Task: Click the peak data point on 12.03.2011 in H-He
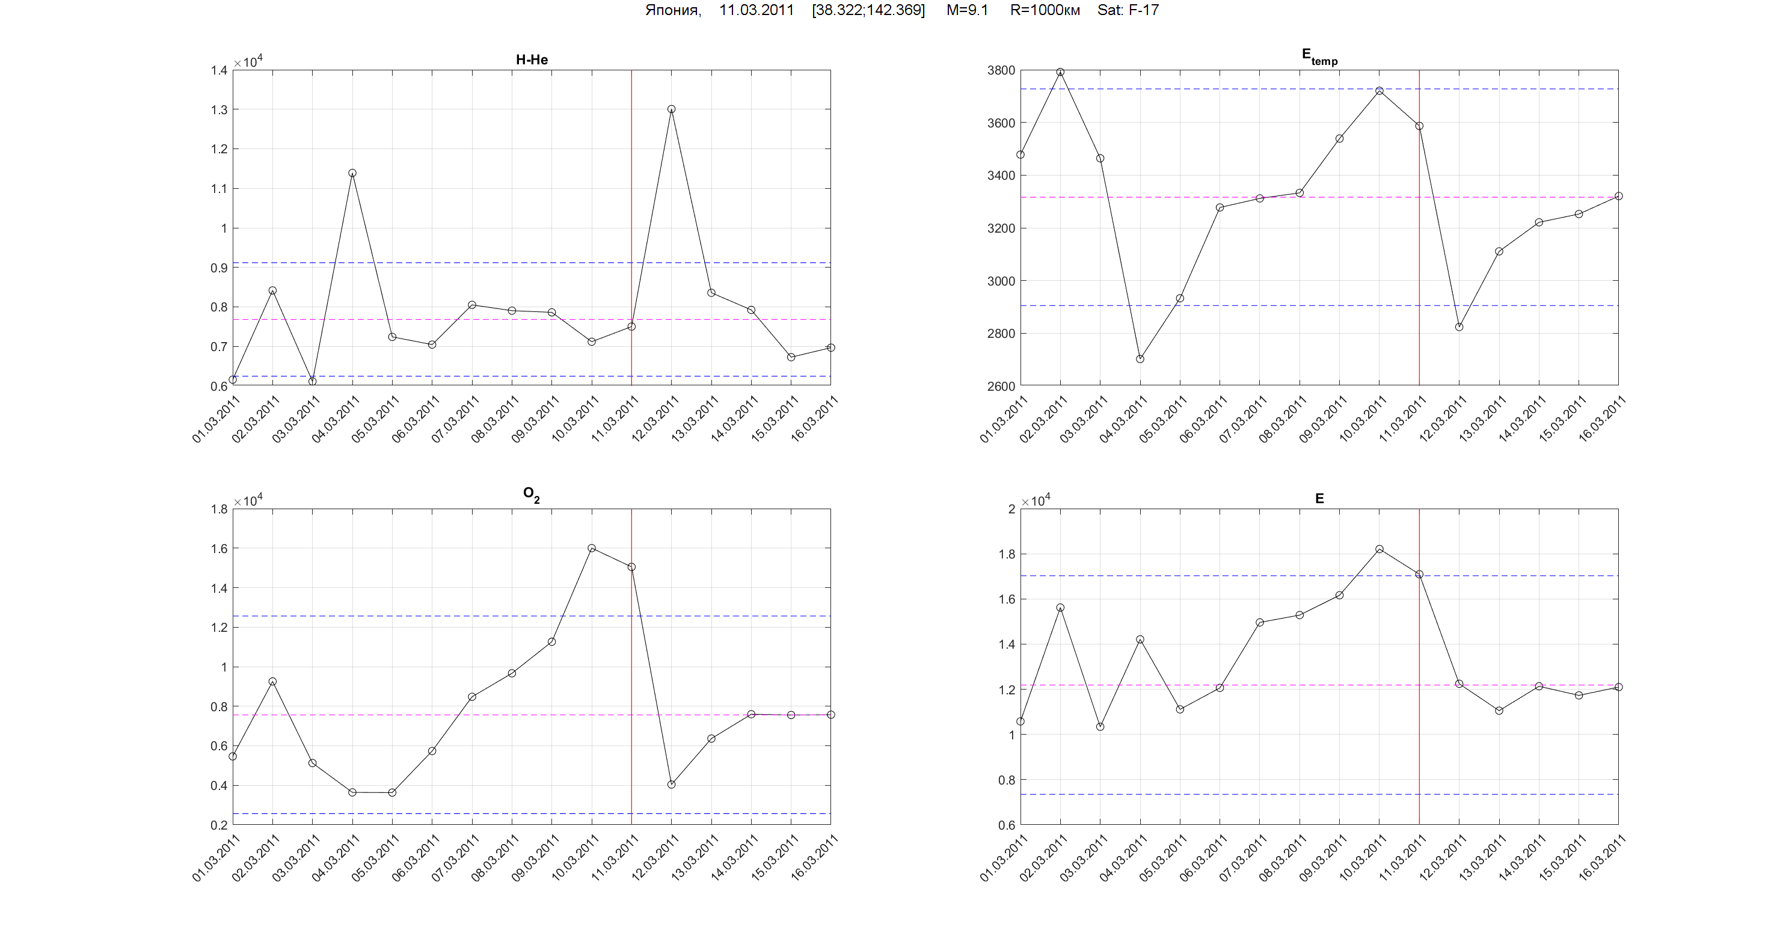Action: pyautogui.click(x=672, y=109)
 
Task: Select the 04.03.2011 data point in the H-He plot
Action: pyautogui.click(x=352, y=173)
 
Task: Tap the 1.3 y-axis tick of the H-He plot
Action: pyautogui.click(x=219, y=109)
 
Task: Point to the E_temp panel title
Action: pyautogui.click(x=1319, y=57)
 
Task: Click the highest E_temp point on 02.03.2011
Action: pyautogui.click(x=1061, y=72)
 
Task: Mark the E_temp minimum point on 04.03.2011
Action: pyautogui.click(x=1140, y=359)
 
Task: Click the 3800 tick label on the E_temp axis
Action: pyautogui.click(x=1001, y=70)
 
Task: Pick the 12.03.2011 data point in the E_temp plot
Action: pyautogui.click(x=1459, y=327)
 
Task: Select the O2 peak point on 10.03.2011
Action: pyautogui.click(x=592, y=548)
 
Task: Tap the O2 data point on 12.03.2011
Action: pyautogui.click(x=672, y=785)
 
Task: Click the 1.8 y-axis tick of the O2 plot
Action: pyautogui.click(x=219, y=509)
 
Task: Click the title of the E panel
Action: pyautogui.click(x=1319, y=498)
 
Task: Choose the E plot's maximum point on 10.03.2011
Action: pyautogui.click(x=1379, y=549)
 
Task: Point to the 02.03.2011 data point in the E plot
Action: pyautogui.click(x=1061, y=608)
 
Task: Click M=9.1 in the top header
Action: pyautogui.click(x=967, y=10)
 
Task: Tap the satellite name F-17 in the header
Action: pyautogui.click(x=1143, y=10)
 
